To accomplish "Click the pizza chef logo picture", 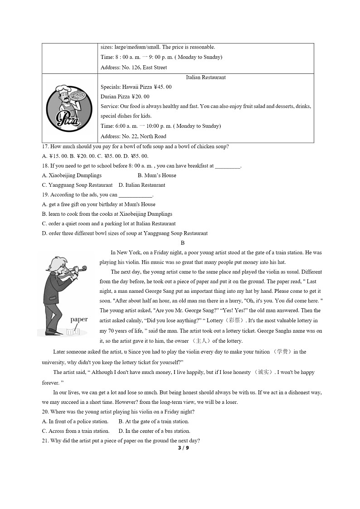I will coord(70,108).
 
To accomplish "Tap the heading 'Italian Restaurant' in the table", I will coord(205,78).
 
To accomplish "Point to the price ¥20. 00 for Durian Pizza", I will coord(140,97).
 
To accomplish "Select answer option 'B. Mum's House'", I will coord(157,175).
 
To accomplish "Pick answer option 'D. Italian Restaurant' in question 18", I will coord(142,185).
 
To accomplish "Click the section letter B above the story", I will coord(182,243).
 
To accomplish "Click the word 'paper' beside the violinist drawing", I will coord(79,320).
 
